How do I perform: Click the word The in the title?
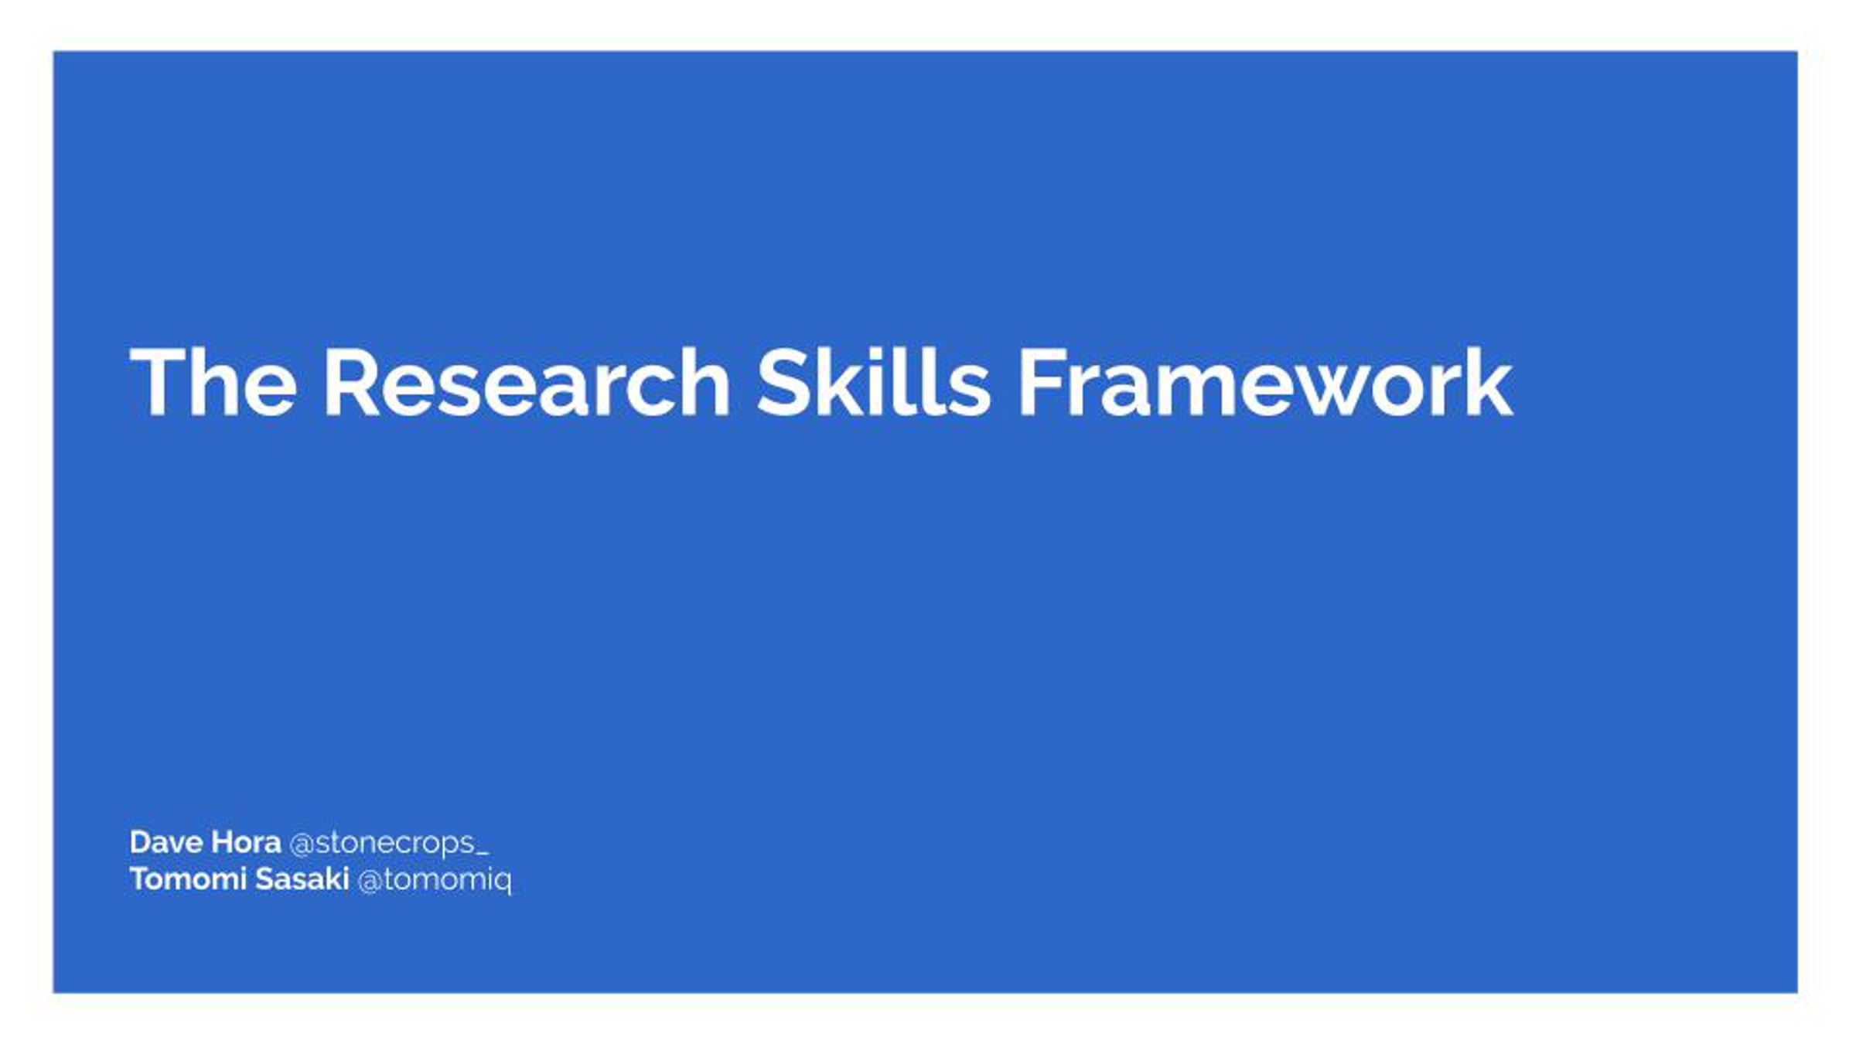(x=213, y=382)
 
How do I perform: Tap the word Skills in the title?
(x=873, y=382)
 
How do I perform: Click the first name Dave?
(x=166, y=842)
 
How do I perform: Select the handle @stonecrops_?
(x=389, y=844)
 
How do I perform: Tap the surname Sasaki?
(x=302, y=879)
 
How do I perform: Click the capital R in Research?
(x=350, y=382)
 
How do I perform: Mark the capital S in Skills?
(x=783, y=382)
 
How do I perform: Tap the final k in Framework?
(x=1488, y=382)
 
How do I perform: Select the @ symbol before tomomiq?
(x=370, y=881)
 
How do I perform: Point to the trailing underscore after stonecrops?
(x=483, y=855)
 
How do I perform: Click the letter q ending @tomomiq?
(x=503, y=884)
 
